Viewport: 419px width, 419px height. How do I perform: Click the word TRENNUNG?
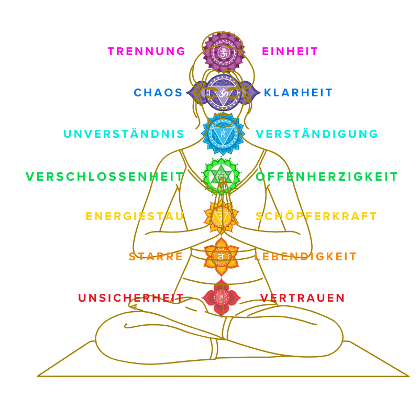[146, 51]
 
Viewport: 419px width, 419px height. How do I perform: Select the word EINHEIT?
[290, 51]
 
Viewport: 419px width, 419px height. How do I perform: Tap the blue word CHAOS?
[158, 93]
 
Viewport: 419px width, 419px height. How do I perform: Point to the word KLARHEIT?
[298, 93]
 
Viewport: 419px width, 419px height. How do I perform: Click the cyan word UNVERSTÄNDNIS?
[124, 134]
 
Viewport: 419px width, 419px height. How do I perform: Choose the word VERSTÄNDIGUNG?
[316, 134]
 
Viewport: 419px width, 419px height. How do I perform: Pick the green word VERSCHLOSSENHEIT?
[105, 177]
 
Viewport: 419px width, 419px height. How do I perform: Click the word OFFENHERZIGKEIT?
[327, 177]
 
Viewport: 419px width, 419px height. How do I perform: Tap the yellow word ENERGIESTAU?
[135, 216]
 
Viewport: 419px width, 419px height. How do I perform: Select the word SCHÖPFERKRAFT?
[316, 216]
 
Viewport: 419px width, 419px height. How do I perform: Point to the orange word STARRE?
[156, 257]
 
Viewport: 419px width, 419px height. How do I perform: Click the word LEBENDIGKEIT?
[305, 257]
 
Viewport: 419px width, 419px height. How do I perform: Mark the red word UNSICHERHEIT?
[131, 298]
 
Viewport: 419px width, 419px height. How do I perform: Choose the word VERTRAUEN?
[302, 298]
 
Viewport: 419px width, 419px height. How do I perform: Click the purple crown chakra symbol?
[224, 52]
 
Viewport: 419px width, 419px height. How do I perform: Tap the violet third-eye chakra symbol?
[223, 93]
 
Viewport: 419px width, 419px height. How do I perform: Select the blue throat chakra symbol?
[223, 134]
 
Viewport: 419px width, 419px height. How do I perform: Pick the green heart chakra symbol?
[222, 176]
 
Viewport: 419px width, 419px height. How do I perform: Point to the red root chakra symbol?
[222, 297]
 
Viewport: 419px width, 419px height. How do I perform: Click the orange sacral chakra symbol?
[221, 256]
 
